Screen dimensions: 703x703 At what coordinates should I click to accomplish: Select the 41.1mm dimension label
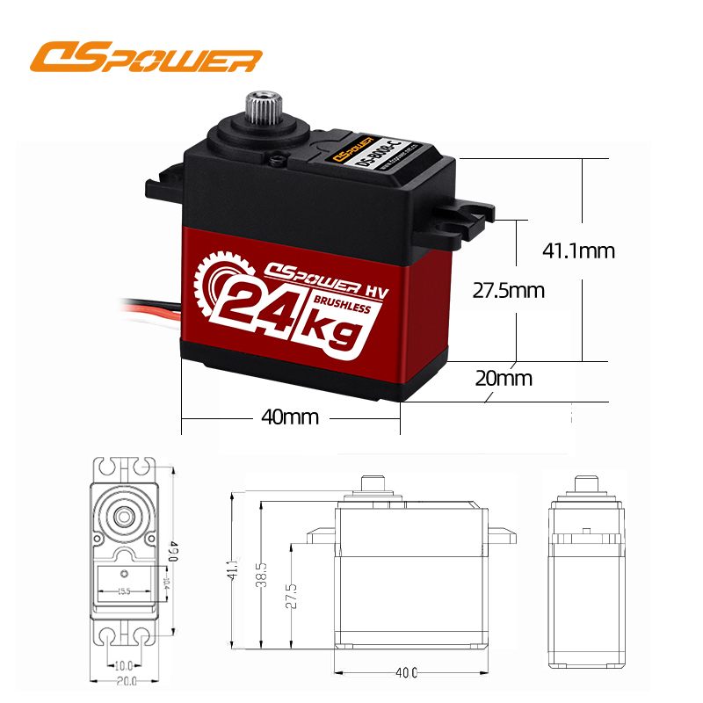pos(578,250)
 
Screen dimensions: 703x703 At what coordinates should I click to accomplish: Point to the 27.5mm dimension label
pos(508,290)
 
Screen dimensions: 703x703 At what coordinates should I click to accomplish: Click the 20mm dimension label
pos(504,379)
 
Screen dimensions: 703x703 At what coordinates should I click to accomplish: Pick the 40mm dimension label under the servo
pos(289,417)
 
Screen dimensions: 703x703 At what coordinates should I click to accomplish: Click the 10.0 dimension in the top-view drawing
pos(124,665)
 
